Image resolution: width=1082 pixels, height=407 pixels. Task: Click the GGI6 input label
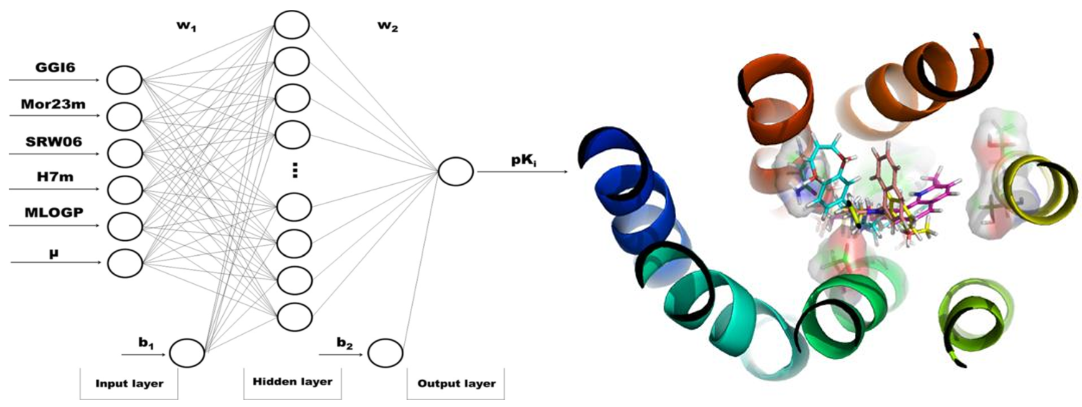(55, 67)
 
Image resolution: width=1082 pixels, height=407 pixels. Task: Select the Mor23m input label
(53, 104)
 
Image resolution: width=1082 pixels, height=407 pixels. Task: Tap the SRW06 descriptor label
(54, 141)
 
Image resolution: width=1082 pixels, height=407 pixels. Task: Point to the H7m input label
(54, 177)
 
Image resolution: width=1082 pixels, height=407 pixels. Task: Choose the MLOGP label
(54, 213)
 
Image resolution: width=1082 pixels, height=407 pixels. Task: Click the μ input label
(54, 253)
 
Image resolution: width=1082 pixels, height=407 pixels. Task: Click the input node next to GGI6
(125, 80)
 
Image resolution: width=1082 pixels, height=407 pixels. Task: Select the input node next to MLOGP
(125, 227)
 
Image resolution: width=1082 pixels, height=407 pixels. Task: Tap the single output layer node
(456, 171)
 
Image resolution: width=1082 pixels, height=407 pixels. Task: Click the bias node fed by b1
(187, 353)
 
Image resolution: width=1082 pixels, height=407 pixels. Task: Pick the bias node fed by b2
(385, 353)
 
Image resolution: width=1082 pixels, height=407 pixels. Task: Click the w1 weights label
(187, 27)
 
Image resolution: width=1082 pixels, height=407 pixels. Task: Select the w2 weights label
(388, 27)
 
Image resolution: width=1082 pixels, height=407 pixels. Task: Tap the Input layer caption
(129, 383)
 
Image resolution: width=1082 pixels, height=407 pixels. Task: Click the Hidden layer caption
(293, 381)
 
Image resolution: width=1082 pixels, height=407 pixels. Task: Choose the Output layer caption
(456, 383)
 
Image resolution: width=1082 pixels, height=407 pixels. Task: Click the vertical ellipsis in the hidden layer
(294, 170)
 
